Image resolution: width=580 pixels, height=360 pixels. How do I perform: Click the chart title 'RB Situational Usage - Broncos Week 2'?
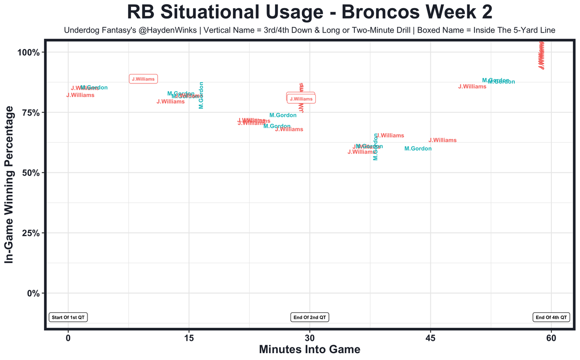(x=309, y=12)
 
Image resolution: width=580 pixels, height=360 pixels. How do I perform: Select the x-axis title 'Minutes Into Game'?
(x=309, y=350)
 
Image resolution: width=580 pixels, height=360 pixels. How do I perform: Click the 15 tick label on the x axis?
(x=189, y=338)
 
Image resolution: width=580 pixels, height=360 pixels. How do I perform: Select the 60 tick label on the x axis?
(x=551, y=338)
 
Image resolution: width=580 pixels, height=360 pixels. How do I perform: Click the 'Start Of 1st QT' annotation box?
(x=68, y=317)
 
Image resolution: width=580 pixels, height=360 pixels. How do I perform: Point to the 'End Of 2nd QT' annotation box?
(x=310, y=317)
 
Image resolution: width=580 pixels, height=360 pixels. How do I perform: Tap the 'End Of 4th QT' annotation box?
(x=551, y=317)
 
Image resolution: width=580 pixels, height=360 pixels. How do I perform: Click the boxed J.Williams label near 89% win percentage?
(x=143, y=79)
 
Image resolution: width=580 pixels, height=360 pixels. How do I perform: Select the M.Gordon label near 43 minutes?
(x=418, y=149)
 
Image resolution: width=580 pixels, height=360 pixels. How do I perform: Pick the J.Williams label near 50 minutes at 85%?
(x=472, y=87)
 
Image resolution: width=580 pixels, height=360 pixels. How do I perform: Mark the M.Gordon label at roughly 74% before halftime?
(x=283, y=116)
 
